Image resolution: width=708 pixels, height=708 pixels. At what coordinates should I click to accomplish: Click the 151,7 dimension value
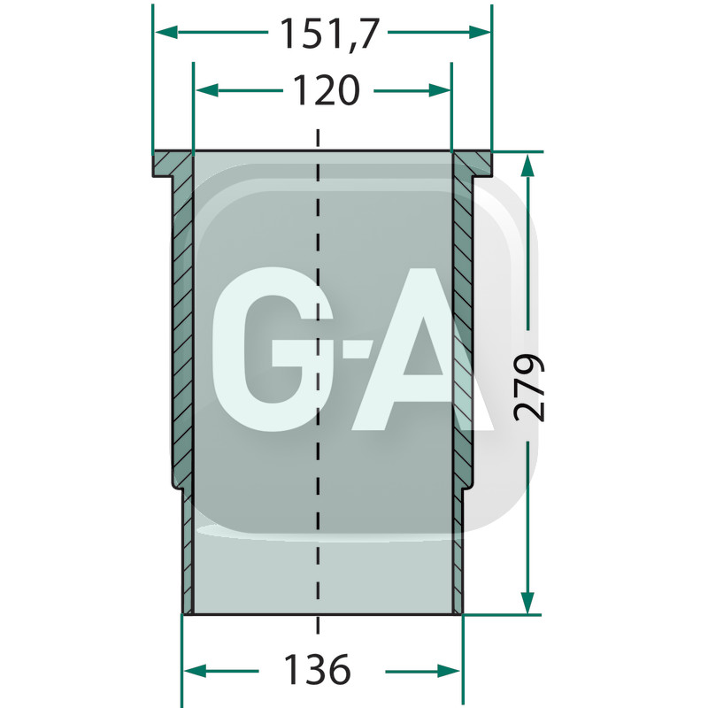(328, 34)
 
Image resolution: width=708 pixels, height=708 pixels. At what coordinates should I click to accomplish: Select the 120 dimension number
(327, 90)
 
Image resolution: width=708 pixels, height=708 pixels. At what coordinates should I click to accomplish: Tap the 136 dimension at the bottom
(318, 670)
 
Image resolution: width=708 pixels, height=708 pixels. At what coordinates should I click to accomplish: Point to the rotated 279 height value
(528, 388)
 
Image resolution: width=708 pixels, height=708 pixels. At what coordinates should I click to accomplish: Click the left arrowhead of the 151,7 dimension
(165, 32)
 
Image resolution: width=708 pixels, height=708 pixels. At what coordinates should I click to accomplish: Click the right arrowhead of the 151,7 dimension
(480, 32)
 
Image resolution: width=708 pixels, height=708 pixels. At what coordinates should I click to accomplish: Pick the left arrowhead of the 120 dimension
(207, 90)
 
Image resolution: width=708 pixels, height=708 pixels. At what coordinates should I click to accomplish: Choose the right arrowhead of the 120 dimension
(439, 90)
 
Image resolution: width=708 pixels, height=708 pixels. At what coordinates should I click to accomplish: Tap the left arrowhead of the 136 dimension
(195, 671)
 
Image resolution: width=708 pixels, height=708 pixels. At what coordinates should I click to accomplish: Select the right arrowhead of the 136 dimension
(450, 671)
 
